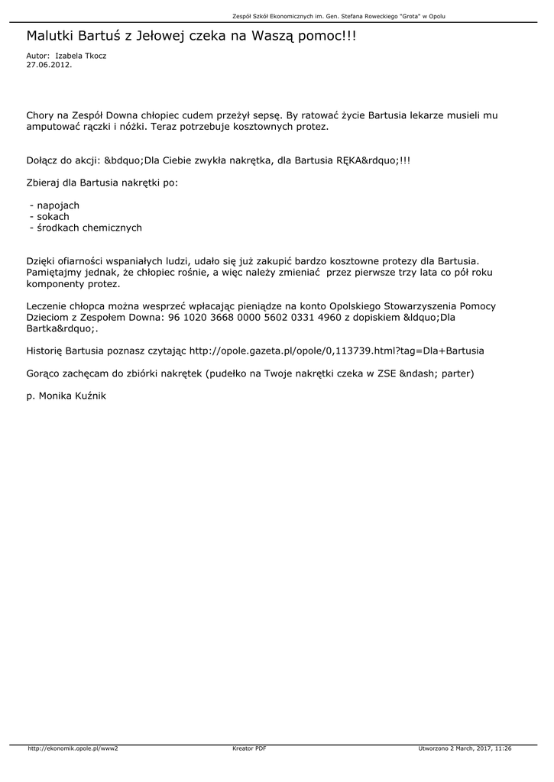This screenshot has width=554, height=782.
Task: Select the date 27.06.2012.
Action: (49, 65)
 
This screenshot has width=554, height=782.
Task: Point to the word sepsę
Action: (267, 116)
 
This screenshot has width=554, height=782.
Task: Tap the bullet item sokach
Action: (53, 217)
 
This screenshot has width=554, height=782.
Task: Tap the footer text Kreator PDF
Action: (249, 748)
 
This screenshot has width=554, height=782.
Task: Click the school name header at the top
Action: (339, 15)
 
